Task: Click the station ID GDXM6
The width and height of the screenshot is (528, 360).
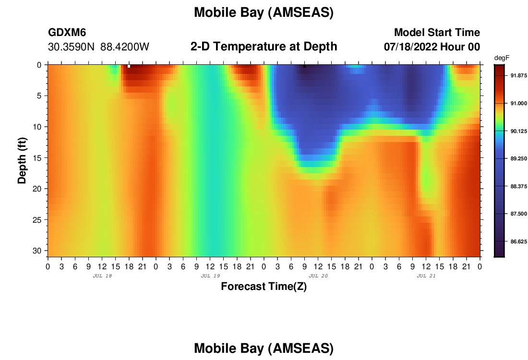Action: coord(67,32)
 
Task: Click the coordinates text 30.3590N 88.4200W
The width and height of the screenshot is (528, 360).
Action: coord(99,47)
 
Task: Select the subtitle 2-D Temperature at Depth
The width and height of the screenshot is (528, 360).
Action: coord(264,47)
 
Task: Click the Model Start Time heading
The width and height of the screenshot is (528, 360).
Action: coord(437,32)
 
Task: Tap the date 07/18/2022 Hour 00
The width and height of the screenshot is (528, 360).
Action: coord(432,47)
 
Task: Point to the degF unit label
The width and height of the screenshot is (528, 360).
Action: coord(502,58)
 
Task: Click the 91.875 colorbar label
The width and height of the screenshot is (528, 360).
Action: coord(518,75)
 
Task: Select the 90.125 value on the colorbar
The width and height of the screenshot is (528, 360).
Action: coord(518,131)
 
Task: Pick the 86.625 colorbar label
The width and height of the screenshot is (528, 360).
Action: coord(518,241)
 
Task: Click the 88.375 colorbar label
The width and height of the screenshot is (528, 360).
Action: coord(518,186)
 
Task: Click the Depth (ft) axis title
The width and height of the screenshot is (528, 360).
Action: coord(22,160)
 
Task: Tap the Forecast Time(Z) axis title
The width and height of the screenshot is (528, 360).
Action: coord(264,287)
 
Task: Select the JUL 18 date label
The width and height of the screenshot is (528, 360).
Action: coord(102,276)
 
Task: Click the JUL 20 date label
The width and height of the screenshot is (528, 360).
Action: coord(318,276)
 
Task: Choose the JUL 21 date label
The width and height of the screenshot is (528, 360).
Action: coord(426,276)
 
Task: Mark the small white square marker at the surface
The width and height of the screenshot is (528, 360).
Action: coord(129,66)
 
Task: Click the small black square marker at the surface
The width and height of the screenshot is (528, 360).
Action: coord(304,66)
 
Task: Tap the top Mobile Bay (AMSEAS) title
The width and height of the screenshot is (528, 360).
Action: coord(264,13)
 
